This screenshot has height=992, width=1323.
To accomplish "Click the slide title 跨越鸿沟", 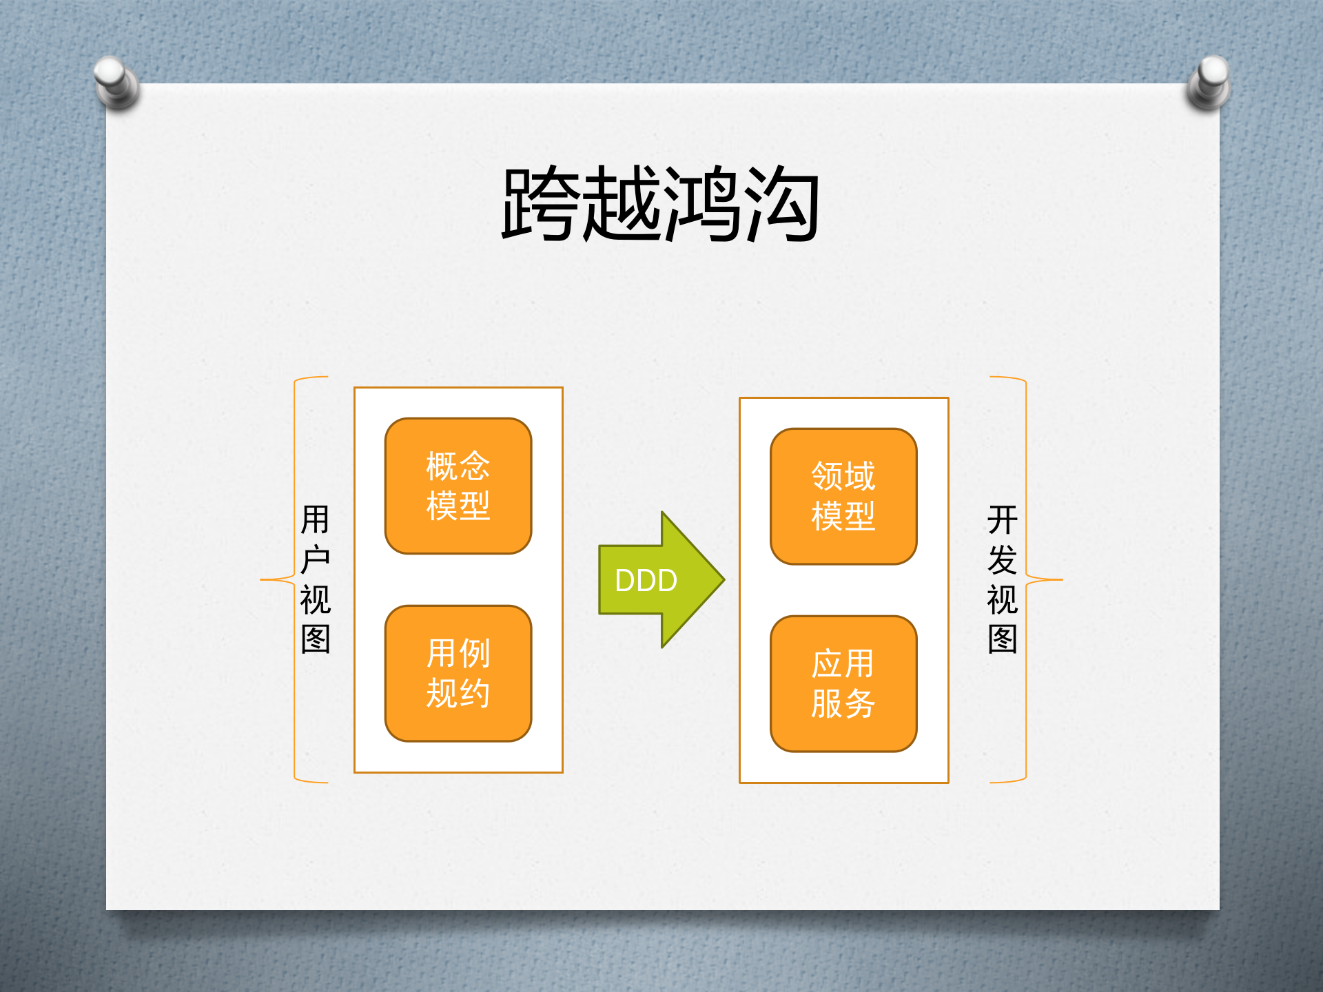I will point(660,204).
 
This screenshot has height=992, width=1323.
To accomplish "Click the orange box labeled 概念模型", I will point(458,486).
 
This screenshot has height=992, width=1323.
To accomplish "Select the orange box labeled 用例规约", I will point(458,673).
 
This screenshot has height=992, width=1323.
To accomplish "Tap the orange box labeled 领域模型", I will point(843,496).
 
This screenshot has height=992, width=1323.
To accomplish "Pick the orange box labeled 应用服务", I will point(843,683).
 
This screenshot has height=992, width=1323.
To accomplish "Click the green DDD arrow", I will point(682,579).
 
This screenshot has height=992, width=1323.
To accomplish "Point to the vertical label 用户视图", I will point(316,579).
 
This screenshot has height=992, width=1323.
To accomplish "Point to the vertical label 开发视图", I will point(1003,579).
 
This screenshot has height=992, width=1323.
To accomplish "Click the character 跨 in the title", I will point(541,204).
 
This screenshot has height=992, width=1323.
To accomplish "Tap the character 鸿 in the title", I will point(701,204).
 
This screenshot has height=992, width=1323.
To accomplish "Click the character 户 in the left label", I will point(316,559).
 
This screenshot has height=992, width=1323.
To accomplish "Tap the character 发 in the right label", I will point(1003,559).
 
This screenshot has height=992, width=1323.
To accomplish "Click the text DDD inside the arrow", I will point(646,581).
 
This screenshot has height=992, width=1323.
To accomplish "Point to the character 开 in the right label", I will point(1003,519).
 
